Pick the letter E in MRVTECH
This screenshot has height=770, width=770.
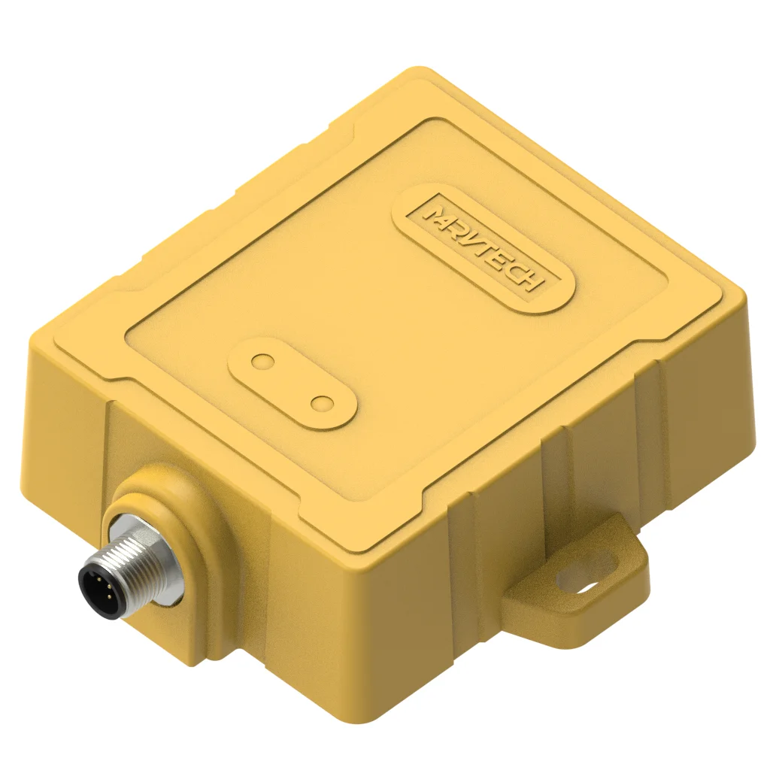[508, 260]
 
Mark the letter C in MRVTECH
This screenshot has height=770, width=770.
[522, 270]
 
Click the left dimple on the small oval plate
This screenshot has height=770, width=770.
[262, 362]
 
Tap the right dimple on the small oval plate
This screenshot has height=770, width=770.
[323, 404]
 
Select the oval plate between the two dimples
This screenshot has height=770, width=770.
[293, 383]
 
